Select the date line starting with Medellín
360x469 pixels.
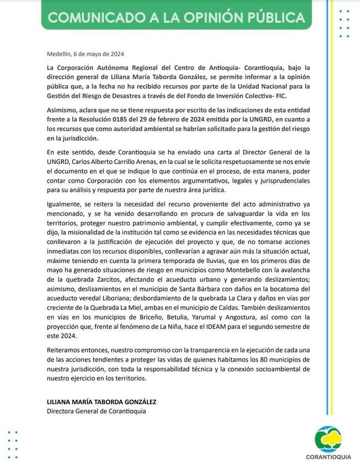(85, 54)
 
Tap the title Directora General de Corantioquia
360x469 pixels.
(97, 411)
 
